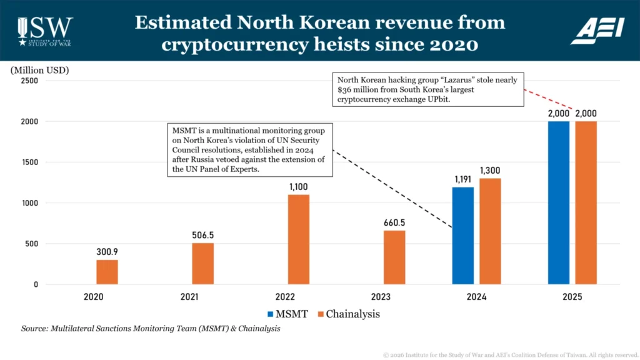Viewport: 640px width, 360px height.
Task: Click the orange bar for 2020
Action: coord(107,272)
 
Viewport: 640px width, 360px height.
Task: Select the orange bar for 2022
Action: coord(299,239)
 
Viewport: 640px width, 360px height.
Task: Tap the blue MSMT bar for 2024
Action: coord(462,236)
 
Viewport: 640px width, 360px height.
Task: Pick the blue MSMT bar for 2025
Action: coord(559,202)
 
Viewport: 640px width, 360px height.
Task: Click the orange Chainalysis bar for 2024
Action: coord(490,231)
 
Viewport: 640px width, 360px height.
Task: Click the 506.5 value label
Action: coord(202,236)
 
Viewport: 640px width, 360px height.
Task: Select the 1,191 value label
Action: coord(462,179)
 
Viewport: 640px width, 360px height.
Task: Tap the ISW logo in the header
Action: coord(44,30)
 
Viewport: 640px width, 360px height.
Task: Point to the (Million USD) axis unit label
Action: coord(40,70)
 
